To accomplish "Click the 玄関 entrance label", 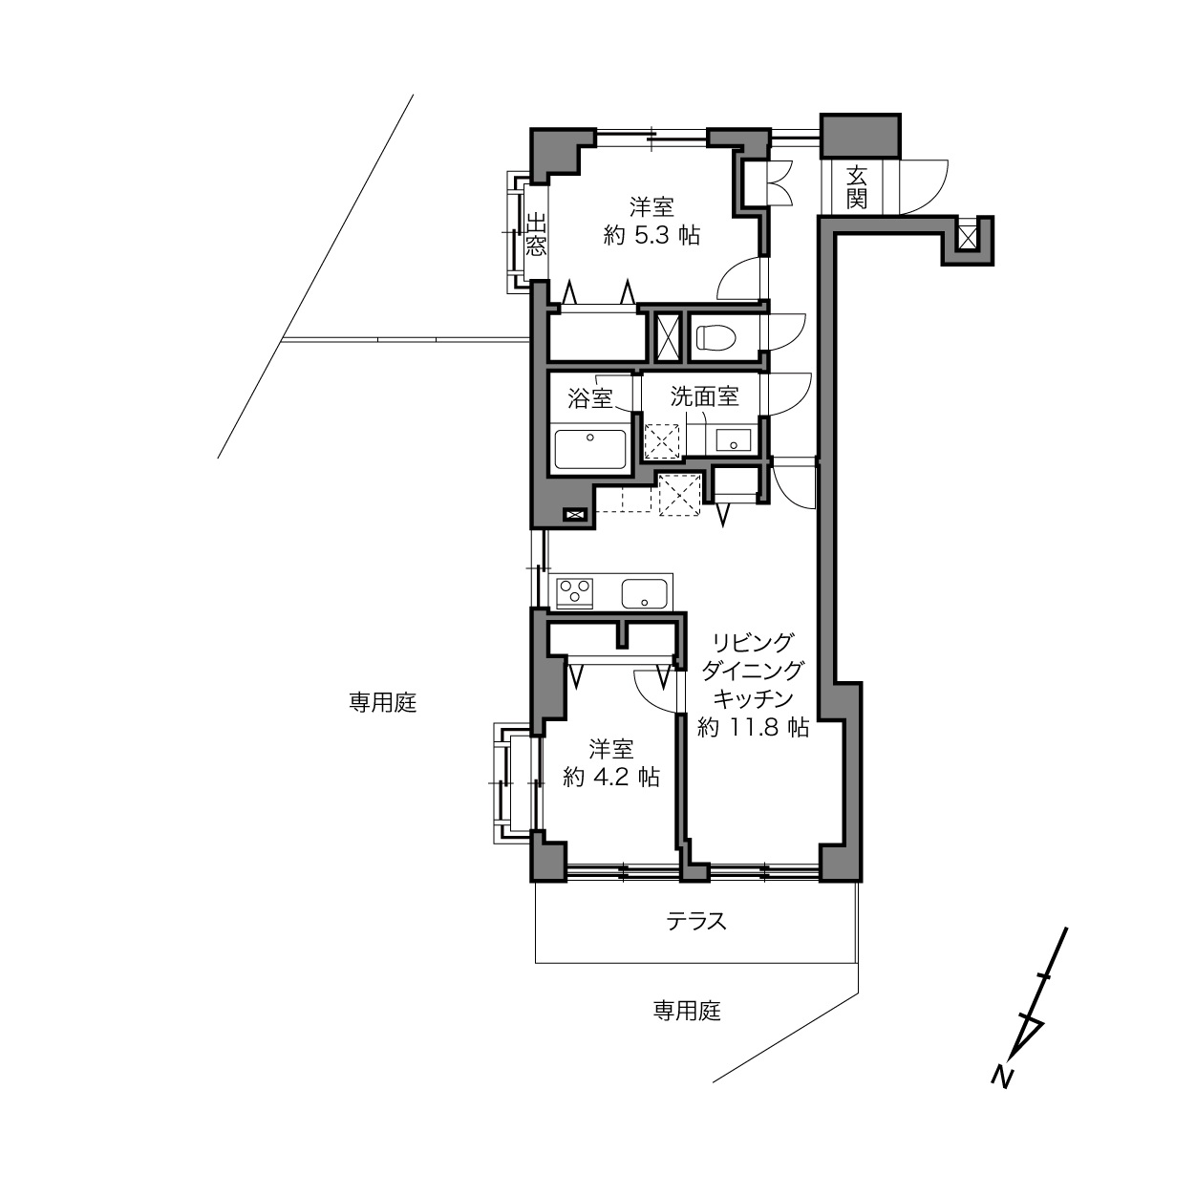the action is (856, 187).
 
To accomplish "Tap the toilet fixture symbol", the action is (715, 338).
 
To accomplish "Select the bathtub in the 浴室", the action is (589, 449).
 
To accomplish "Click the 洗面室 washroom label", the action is (704, 396).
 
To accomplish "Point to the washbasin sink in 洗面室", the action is (733, 440).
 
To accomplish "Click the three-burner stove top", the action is (575, 592).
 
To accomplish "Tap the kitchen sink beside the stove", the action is (644, 594).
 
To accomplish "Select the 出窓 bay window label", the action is (536, 235).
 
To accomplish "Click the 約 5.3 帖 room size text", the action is (651, 236).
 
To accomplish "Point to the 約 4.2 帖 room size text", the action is (610, 777).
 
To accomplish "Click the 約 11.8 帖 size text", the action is (753, 727).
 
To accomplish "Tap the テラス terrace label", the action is (695, 921).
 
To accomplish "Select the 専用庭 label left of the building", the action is (382, 702).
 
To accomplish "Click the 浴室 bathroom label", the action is (589, 398).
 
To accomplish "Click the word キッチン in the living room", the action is (753, 699).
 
